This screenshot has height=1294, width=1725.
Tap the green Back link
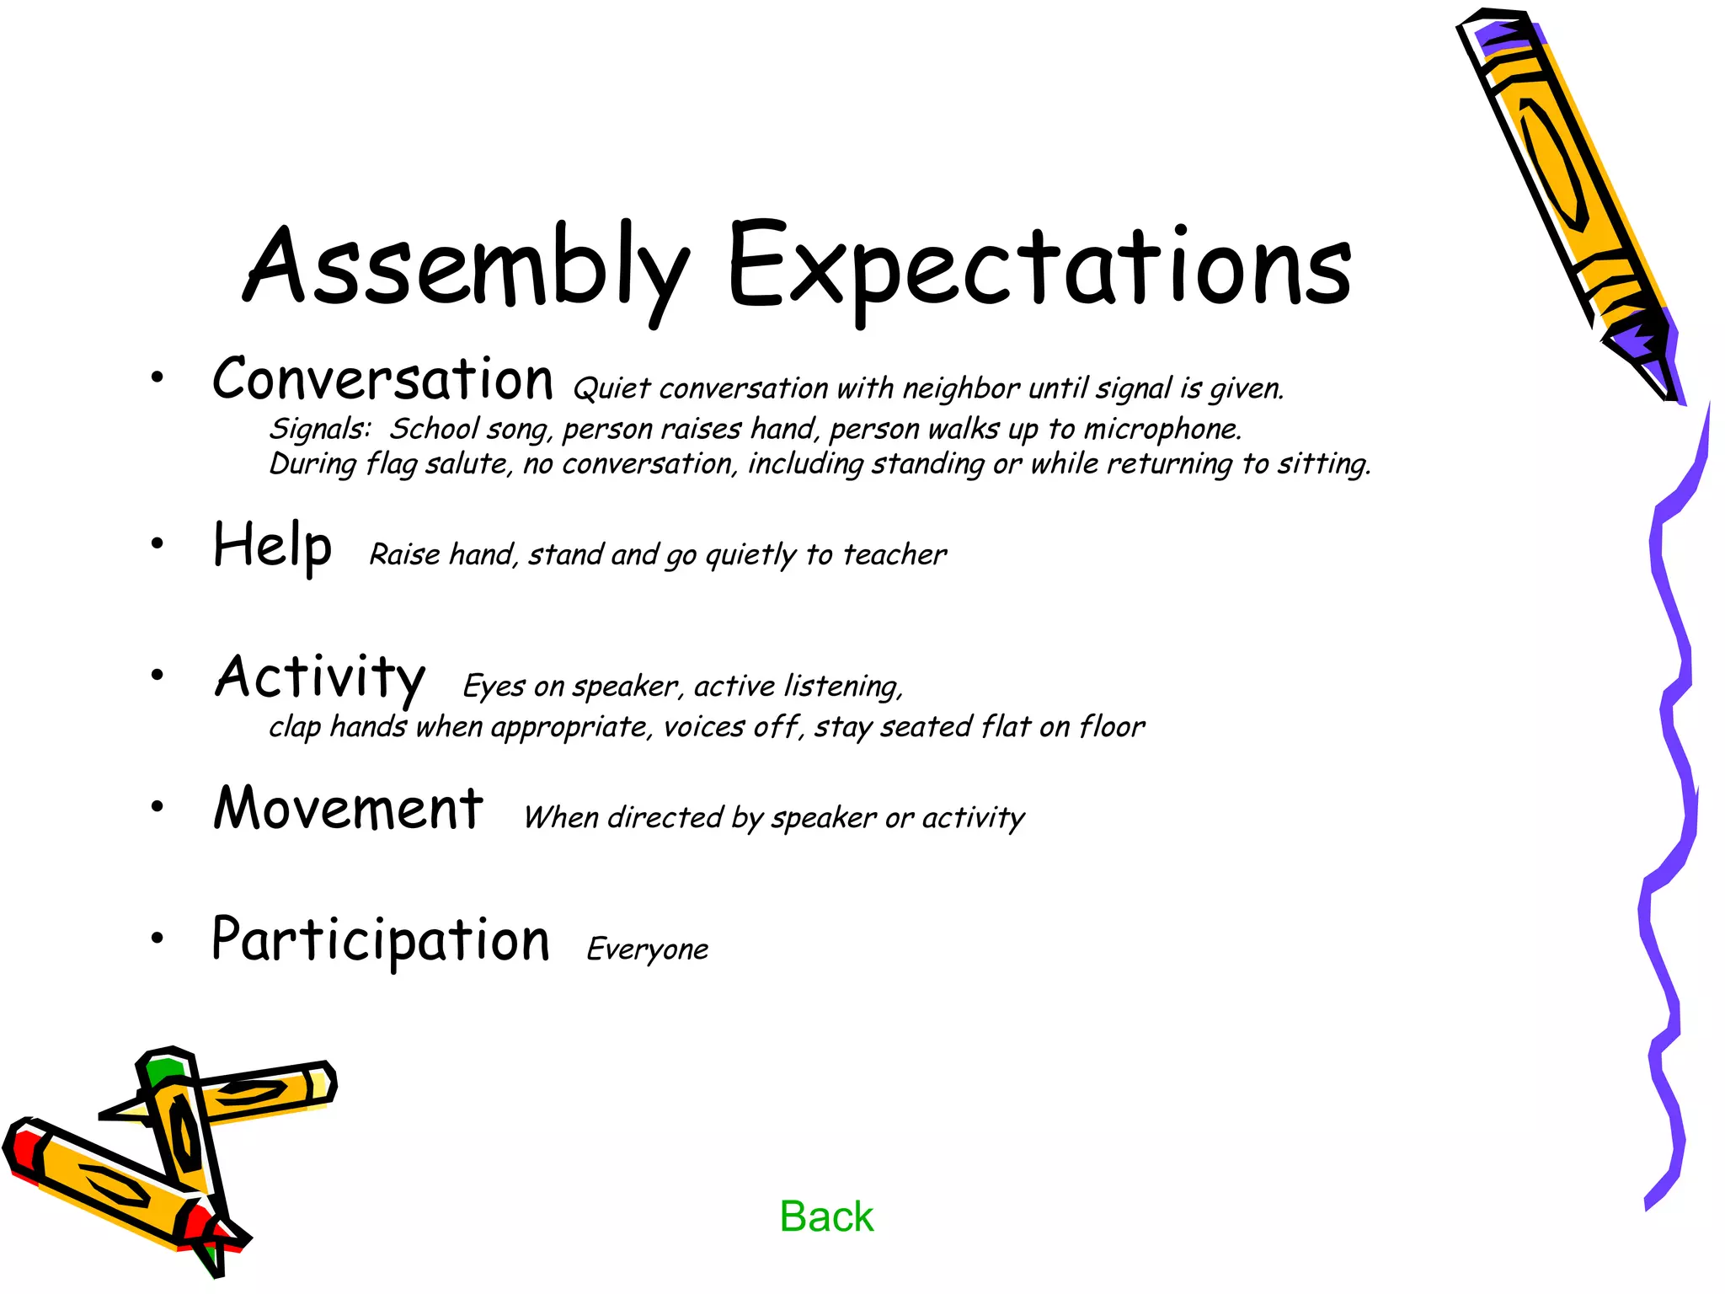pyautogui.click(x=826, y=1216)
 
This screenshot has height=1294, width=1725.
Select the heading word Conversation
pyautogui.click(x=383, y=380)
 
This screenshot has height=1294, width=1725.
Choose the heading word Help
pyautogui.click(x=272, y=546)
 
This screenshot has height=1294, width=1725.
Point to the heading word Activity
pyautogui.click(x=320, y=677)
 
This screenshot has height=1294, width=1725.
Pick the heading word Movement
pyautogui.click(x=348, y=809)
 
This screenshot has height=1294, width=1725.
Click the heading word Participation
pyautogui.click(x=381, y=940)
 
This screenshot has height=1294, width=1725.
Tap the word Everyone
pyautogui.click(x=647, y=949)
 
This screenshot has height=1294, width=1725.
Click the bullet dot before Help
pyautogui.click(x=158, y=544)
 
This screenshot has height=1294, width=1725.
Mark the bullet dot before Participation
pyautogui.click(x=158, y=938)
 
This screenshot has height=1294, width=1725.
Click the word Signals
pyautogui.click(x=319, y=430)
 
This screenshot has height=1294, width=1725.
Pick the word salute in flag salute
pyautogui.click(x=468, y=464)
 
